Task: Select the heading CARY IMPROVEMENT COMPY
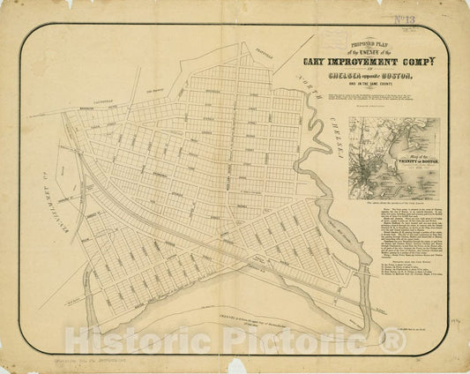369,60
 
